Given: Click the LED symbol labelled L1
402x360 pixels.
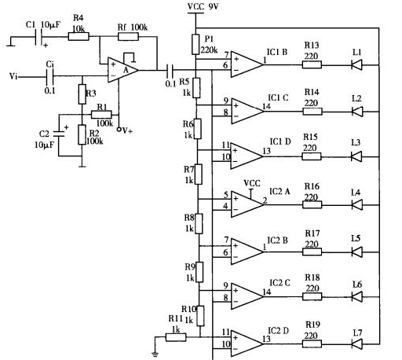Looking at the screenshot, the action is pos(356,64).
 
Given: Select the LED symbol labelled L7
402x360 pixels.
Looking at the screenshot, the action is pos(356,343).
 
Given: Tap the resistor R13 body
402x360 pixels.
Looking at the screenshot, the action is pos(312,64).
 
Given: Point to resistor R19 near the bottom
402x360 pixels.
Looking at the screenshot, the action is pos(312,343).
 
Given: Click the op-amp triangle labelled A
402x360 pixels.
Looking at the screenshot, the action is pos(123,70).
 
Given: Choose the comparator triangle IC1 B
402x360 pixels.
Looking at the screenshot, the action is pos(247,64).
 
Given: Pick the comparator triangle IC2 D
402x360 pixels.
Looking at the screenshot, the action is pos(247,343).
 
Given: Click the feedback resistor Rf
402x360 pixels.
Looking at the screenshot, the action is pos(128,36).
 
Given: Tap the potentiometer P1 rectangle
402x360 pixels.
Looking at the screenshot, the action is pos(196,44).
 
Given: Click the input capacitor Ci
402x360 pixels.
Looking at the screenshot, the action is pos(49,76).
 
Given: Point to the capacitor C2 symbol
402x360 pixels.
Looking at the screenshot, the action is pos(59,134).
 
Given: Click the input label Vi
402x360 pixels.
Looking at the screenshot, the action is pos(13,76).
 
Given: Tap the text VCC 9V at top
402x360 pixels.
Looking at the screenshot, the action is pos(203,7).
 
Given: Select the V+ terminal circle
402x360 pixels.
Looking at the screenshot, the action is pos(119,129).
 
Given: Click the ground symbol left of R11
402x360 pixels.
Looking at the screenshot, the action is pos(155,354).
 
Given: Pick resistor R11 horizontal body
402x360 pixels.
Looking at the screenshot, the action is pos(176,337).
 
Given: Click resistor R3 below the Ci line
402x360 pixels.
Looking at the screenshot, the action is pos(82,94).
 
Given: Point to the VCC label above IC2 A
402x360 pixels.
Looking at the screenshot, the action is pos(252,183).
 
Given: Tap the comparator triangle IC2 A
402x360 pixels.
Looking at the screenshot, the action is pos(247,204).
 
